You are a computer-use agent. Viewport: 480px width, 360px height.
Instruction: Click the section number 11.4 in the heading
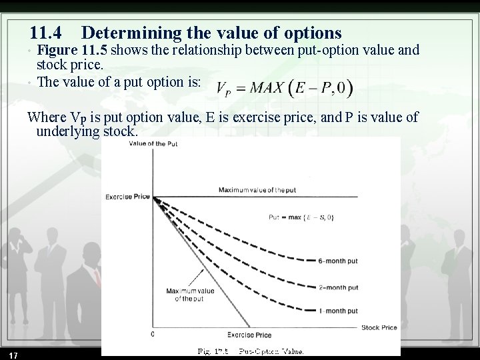coord(48,32)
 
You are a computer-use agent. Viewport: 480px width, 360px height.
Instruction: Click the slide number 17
coord(13,353)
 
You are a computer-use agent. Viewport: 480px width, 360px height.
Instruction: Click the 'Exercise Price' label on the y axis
coord(127,197)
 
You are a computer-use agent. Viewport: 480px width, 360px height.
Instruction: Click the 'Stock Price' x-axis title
coord(379,327)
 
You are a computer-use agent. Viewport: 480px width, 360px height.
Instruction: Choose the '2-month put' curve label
coord(338,288)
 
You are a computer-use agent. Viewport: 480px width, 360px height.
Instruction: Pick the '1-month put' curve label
coord(338,311)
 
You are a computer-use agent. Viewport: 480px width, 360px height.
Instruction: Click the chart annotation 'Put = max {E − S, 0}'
coord(301,216)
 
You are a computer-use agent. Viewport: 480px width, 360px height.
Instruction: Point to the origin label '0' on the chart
coord(153,333)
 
